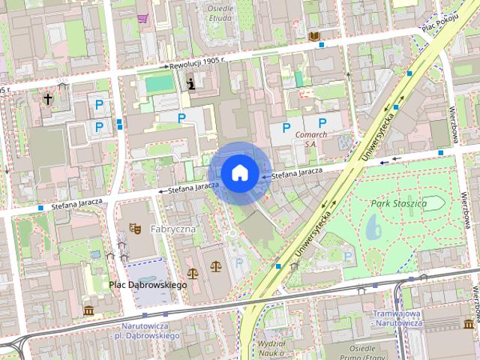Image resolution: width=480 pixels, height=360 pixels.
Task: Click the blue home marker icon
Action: [x=239, y=172]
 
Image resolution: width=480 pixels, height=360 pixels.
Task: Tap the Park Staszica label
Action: [x=398, y=203]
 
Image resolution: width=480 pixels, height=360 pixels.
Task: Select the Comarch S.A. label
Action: [x=311, y=139]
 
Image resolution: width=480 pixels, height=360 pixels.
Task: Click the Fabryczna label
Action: [x=172, y=228]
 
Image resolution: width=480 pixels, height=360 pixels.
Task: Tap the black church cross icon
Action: [x=48, y=98]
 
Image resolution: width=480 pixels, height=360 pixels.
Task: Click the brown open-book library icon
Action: [x=314, y=36]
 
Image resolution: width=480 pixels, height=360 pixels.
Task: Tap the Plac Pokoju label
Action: [x=439, y=23]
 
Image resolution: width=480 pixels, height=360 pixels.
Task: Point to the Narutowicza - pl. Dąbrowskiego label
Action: [x=150, y=331]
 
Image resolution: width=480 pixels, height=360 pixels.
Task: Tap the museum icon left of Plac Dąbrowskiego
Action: [x=88, y=310]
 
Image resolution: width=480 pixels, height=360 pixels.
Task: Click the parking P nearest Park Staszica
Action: [x=347, y=256]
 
